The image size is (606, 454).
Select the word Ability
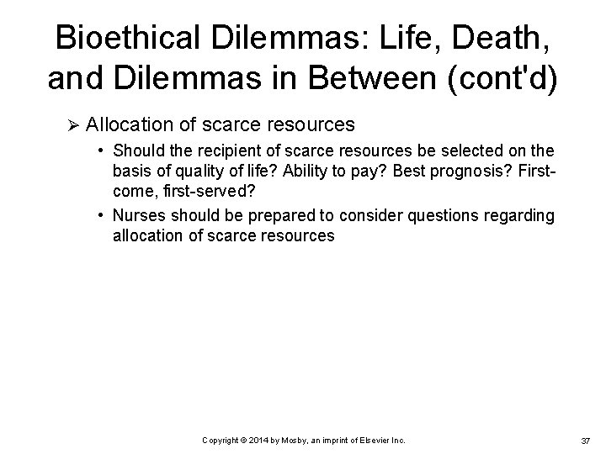(x=312, y=172)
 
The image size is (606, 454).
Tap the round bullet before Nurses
(x=101, y=216)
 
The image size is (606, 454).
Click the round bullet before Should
(x=101, y=151)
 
